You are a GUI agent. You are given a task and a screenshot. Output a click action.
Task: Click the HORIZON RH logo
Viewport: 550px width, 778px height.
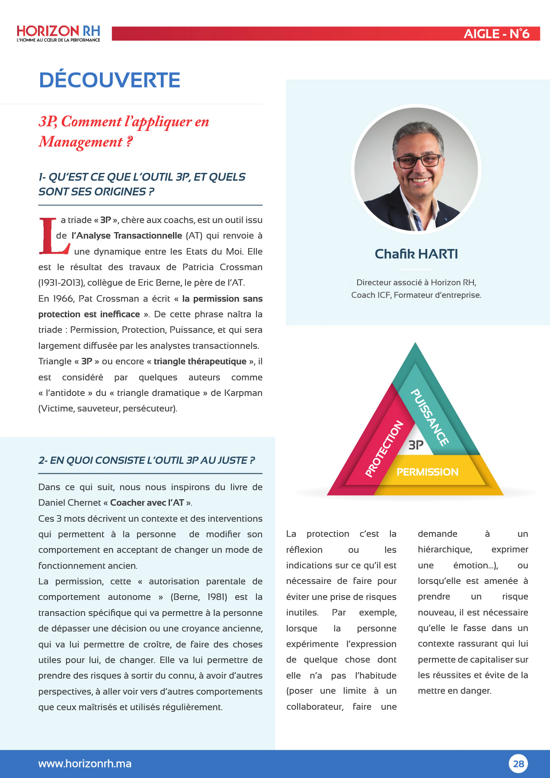click(x=58, y=33)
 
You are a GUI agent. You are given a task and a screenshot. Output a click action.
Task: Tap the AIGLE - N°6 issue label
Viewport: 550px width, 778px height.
click(x=496, y=34)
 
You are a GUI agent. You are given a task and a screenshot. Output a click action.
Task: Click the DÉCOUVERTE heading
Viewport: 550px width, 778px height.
click(x=110, y=80)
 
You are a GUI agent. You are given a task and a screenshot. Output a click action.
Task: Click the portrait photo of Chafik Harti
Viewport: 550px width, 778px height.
click(x=416, y=169)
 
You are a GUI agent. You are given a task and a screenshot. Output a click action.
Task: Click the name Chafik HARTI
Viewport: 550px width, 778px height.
click(x=416, y=254)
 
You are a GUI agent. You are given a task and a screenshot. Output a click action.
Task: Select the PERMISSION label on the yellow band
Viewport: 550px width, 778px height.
click(x=427, y=472)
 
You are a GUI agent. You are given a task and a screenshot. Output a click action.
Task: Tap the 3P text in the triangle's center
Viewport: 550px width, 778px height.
click(x=416, y=445)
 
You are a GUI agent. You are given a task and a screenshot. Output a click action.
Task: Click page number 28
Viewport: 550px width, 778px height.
click(x=518, y=764)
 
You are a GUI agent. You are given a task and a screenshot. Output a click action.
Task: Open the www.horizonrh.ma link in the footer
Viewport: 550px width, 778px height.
click(x=85, y=764)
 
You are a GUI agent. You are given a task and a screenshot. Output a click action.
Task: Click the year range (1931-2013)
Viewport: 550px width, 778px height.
click(x=61, y=283)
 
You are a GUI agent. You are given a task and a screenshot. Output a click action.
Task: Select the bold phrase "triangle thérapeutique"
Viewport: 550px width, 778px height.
click(x=200, y=361)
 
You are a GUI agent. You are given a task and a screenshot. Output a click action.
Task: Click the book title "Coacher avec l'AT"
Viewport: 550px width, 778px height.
click(x=147, y=503)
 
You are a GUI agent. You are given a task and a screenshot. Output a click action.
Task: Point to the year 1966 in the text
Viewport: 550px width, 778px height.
click(x=62, y=299)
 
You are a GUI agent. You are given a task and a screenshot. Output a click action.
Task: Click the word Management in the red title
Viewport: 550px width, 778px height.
click(x=80, y=142)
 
